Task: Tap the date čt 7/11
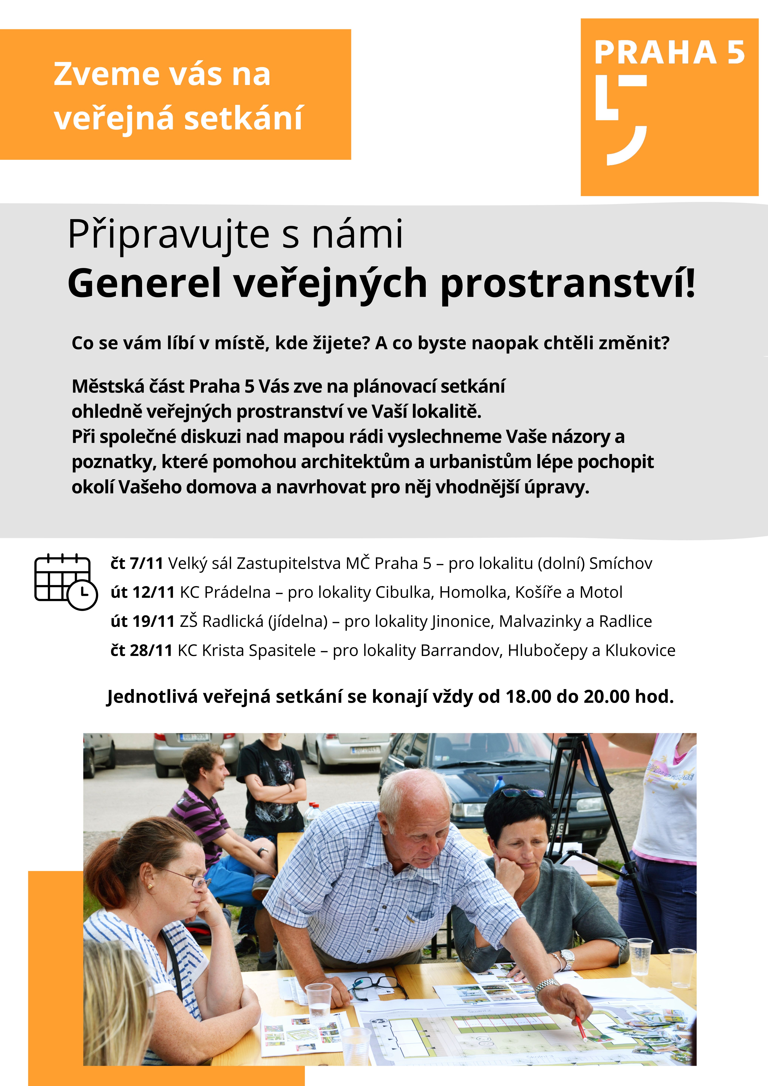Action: click(137, 563)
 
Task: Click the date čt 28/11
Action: click(141, 650)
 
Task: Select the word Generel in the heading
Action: click(145, 283)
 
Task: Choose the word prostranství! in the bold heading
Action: click(567, 283)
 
